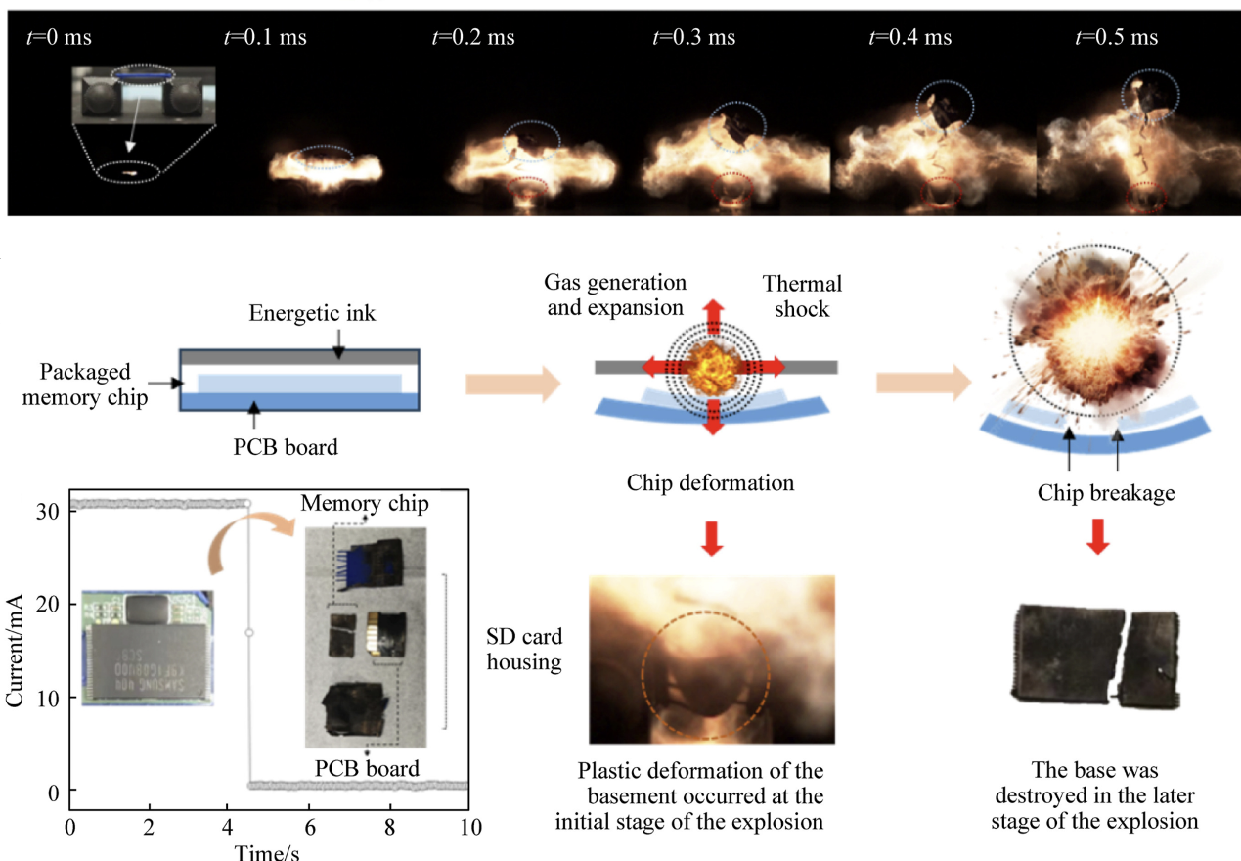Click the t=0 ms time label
(x=61, y=38)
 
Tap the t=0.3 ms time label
(x=693, y=38)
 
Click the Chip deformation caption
(x=712, y=483)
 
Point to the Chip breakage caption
(x=1106, y=493)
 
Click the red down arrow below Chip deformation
(x=713, y=538)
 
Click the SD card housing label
(x=524, y=650)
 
